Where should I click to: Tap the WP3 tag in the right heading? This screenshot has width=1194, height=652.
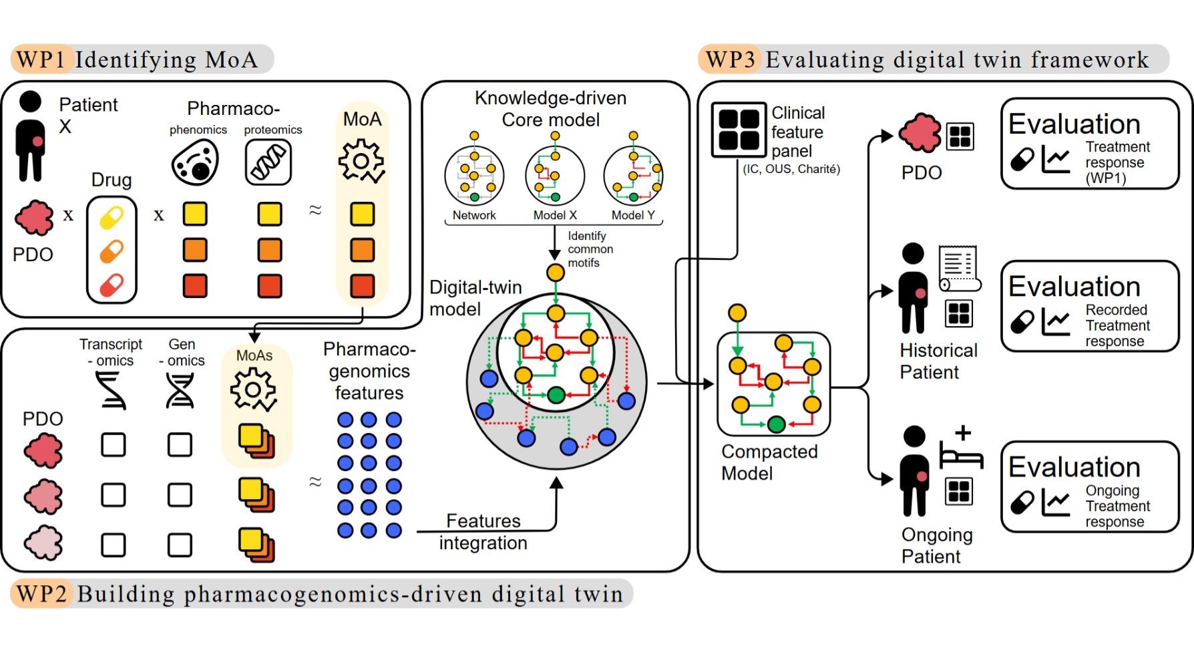(730, 59)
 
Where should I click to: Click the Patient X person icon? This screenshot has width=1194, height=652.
(31, 138)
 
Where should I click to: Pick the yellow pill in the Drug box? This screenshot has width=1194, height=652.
(112, 218)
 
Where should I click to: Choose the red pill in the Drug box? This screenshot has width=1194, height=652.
(112, 285)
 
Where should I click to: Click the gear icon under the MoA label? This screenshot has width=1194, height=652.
(361, 161)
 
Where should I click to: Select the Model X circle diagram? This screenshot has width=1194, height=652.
(555, 176)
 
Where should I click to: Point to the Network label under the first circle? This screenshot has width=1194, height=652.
(474, 215)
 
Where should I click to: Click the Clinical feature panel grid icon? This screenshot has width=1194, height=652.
(739, 130)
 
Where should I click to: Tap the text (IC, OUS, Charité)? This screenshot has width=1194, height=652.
(791, 169)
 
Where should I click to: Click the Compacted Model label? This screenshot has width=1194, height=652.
(769, 462)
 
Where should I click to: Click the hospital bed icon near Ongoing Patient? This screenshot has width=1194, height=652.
(962, 448)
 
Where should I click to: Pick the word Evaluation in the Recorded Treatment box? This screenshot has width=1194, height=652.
(1074, 287)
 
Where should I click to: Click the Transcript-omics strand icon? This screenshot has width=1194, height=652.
(111, 390)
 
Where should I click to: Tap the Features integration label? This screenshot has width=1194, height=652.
(483, 532)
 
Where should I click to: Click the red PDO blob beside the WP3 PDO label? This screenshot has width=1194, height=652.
(920, 133)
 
